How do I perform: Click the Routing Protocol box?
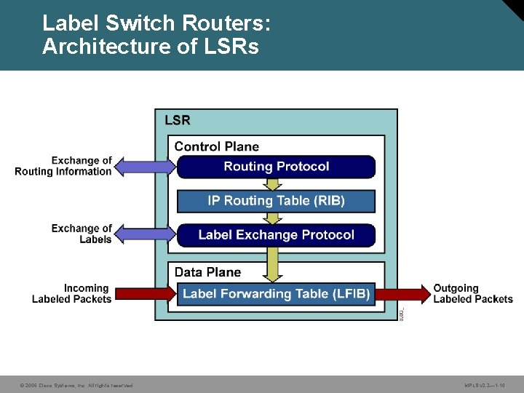pyautogui.click(x=277, y=167)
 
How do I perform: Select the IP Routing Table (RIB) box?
pyautogui.click(x=277, y=201)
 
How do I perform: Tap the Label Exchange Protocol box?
pyautogui.click(x=277, y=235)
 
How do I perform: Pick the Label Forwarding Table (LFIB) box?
pyautogui.click(x=277, y=294)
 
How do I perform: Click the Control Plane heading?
pyautogui.click(x=217, y=146)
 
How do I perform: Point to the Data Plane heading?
pyautogui.click(x=207, y=272)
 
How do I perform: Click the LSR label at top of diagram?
pyautogui.click(x=178, y=120)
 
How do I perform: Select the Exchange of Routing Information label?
pyautogui.click(x=64, y=166)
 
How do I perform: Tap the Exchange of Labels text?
pyautogui.click(x=82, y=234)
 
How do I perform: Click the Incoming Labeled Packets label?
pyautogui.click(x=72, y=293)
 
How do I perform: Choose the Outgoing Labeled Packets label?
pyautogui.click(x=473, y=293)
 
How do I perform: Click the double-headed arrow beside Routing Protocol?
pyautogui.click(x=146, y=167)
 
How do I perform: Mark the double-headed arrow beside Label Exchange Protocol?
pyautogui.click(x=146, y=234)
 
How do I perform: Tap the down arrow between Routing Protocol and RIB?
pyautogui.click(x=272, y=184)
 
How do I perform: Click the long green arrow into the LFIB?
pyautogui.click(x=272, y=264)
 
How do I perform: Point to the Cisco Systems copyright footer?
pyautogui.click(x=76, y=385)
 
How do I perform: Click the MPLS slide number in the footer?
pyautogui.click(x=485, y=385)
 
